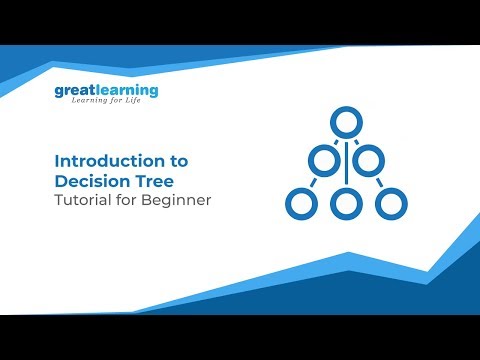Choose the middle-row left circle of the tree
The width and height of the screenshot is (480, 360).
321,160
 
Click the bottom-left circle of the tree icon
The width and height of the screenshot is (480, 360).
299,204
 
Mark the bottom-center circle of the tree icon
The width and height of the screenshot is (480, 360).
344,204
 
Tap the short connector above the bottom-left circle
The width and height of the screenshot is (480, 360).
313,182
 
